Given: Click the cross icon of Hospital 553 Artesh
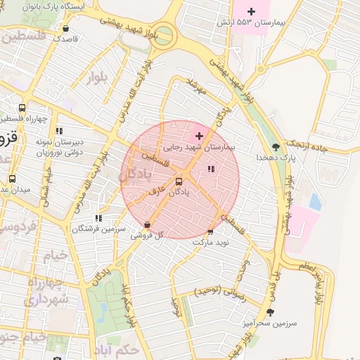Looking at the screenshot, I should click(252, 11).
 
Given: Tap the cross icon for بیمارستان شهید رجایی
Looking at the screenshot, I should click(199, 136).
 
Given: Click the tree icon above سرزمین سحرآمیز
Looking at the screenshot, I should click(269, 311).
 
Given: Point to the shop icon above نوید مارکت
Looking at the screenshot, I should click(210, 232).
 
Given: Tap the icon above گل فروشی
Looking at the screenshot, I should click(147, 225).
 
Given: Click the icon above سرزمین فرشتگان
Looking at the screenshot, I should click(98, 218).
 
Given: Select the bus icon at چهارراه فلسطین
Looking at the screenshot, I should click(22, 108).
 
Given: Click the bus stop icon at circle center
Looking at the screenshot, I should click(179, 181).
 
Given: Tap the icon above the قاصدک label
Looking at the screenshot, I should click(66, 30).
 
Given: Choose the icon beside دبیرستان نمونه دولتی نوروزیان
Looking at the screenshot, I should click(59, 130).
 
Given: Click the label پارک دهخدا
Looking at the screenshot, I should click(275, 157).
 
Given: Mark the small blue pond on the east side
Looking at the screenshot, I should click(314, 202).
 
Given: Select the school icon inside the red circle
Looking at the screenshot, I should click(212, 169).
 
